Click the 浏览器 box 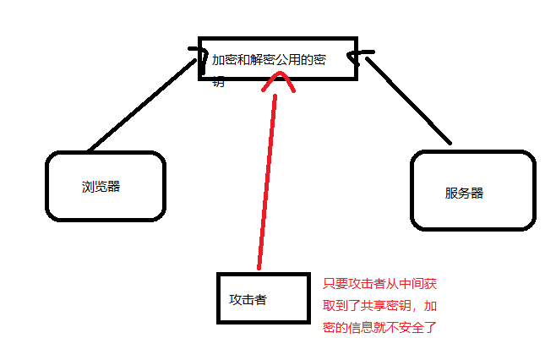coord(105,186)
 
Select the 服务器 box coord(472,191)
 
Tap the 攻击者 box coord(262,297)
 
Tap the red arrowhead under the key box coord(278,81)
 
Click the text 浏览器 coord(101,187)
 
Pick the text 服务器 coord(464,193)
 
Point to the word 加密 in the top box coord(225,61)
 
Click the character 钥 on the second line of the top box coord(219,83)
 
